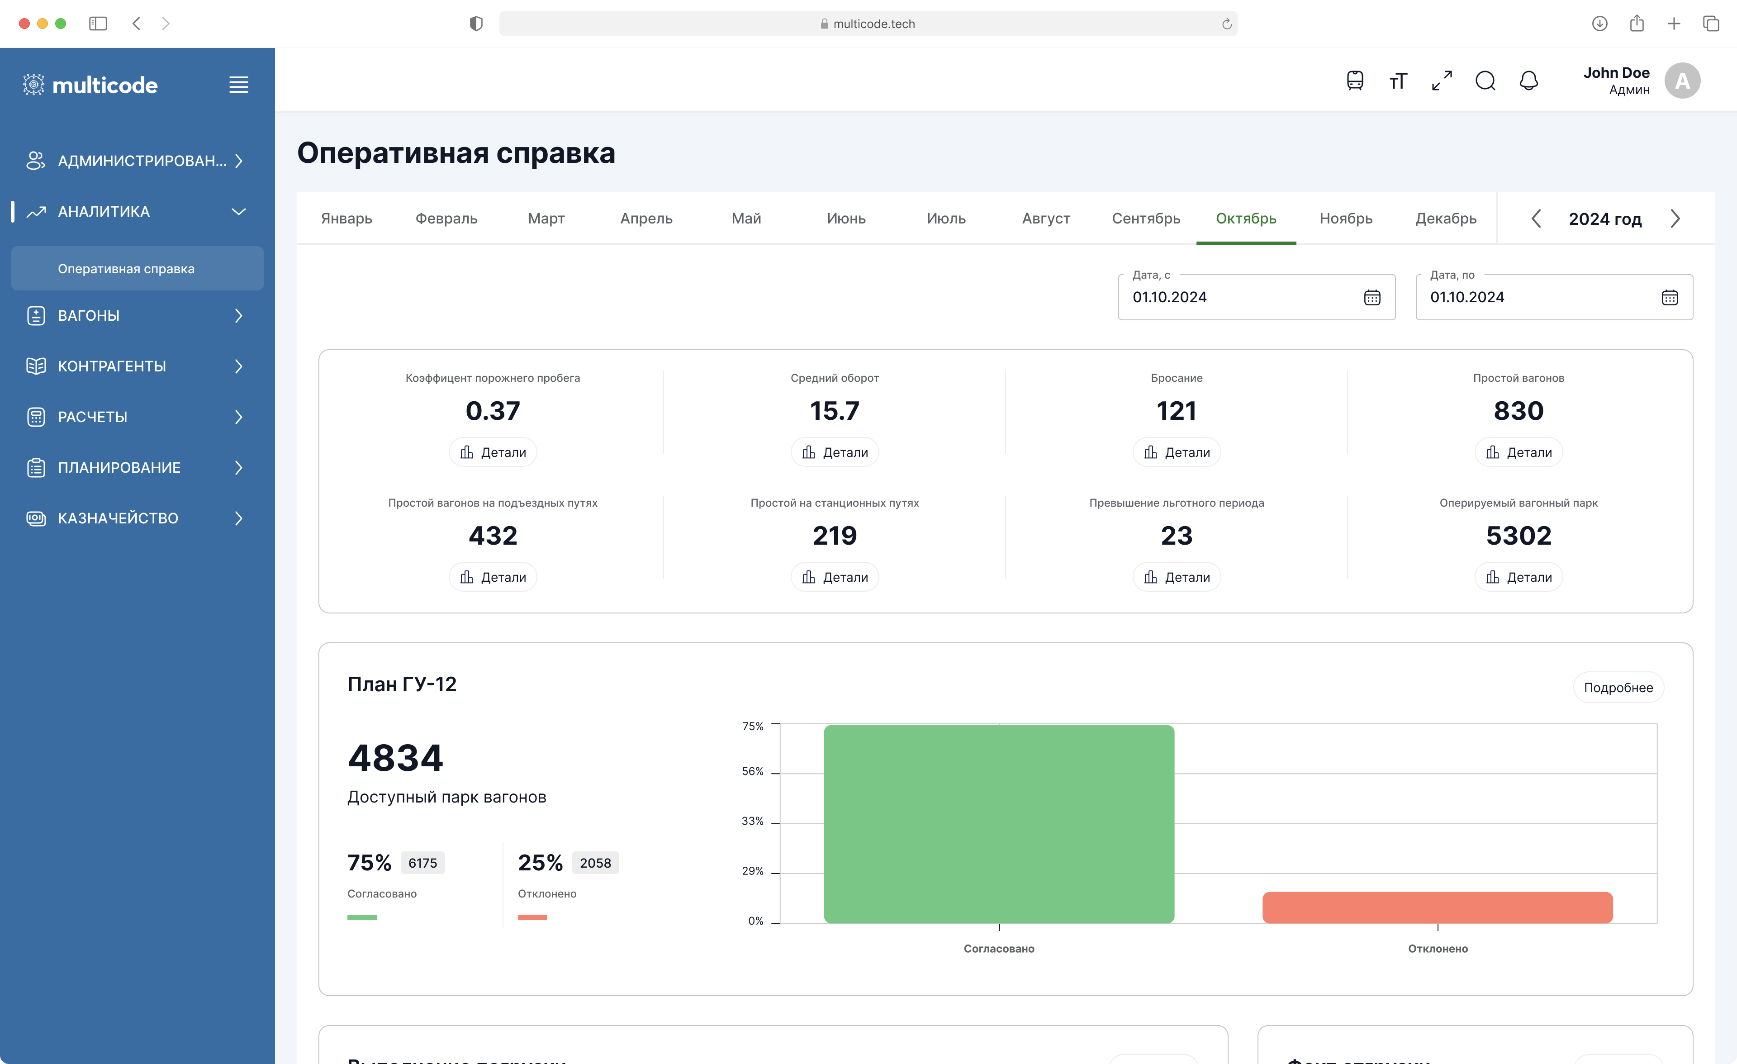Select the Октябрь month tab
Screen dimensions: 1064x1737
tap(1246, 218)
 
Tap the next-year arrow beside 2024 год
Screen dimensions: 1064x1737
tap(1675, 218)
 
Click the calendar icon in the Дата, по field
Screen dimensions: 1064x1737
tap(1669, 298)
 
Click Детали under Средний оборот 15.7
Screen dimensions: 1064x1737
tap(835, 452)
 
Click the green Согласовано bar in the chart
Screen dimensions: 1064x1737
tap(998, 824)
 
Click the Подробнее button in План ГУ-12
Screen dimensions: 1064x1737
tap(1618, 688)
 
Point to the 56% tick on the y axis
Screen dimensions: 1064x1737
tap(752, 771)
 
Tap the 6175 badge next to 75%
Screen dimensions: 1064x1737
tap(422, 863)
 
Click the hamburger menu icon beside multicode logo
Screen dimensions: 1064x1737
tap(238, 85)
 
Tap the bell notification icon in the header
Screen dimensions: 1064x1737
tap(1528, 81)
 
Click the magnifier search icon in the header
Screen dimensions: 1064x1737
tap(1485, 81)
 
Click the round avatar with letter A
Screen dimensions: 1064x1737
tap(1682, 81)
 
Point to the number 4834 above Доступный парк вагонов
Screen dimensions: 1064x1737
tap(395, 758)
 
